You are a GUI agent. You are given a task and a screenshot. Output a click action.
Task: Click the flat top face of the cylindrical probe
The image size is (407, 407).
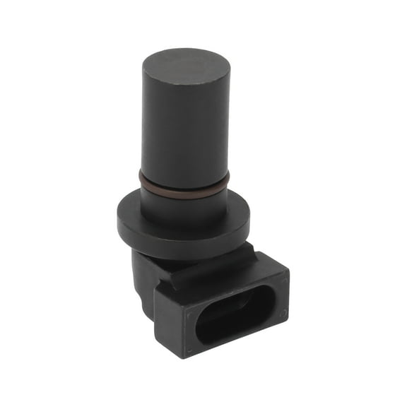click(x=186, y=68)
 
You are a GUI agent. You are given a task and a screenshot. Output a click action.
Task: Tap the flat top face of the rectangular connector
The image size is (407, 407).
click(x=233, y=272)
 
